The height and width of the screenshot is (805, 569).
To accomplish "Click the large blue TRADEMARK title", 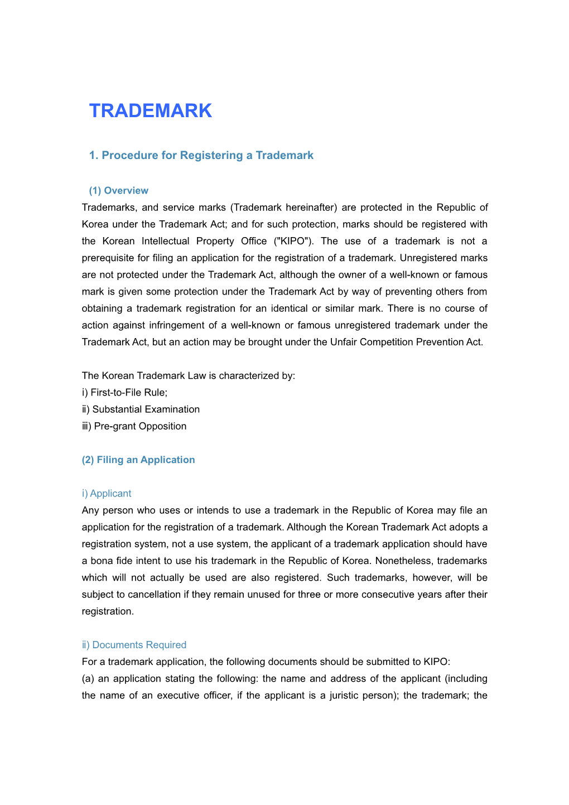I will [x=151, y=110].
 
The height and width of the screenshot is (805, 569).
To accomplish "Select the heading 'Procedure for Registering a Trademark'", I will [x=201, y=155].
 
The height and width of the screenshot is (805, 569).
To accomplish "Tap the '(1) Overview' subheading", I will [x=118, y=190].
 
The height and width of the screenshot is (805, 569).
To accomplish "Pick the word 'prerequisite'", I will [x=108, y=258].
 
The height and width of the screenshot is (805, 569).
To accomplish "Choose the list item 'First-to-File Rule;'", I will [x=124, y=392].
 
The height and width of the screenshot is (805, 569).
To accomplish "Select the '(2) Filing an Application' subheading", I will [x=138, y=460].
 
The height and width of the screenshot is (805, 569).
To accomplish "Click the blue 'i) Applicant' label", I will [x=107, y=493].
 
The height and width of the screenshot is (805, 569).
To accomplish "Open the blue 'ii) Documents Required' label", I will [x=134, y=644].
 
